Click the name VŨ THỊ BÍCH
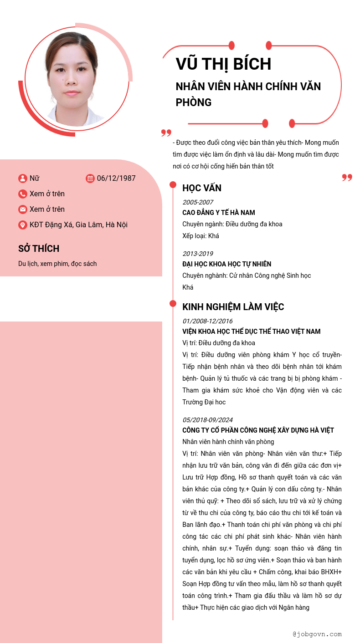point(223,64)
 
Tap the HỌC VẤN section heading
point(202,188)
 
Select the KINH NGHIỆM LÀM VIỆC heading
point(233,307)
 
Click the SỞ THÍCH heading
point(39,249)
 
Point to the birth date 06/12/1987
point(116,179)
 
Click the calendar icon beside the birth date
point(90,179)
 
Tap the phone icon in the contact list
point(23,194)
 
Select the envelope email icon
point(23,209)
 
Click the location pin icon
point(23,225)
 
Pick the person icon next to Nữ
point(23,179)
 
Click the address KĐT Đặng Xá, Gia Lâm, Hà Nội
point(78,225)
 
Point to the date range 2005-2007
point(198,202)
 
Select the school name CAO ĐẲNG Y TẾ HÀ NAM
point(219,213)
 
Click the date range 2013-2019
point(198,254)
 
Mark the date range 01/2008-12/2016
point(207,321)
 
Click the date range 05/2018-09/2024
point(207,420)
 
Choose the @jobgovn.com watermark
point(317,634)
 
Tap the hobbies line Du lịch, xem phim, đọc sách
point(57,264)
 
